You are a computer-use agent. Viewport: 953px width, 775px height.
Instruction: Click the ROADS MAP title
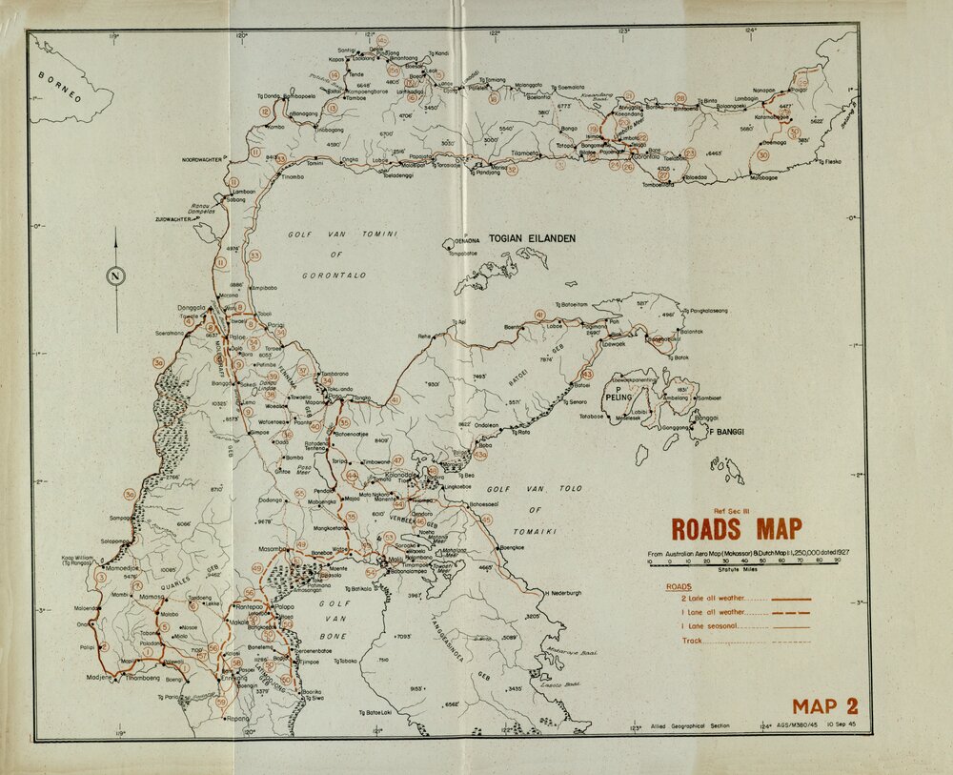coord(736,529)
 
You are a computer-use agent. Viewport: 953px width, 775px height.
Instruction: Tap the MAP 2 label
coord(824,706)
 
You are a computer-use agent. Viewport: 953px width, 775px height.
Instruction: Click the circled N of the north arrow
coord(116,277)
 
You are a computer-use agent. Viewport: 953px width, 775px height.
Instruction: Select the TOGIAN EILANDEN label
coord(532,238)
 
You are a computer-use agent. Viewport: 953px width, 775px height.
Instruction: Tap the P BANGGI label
coord(723,432)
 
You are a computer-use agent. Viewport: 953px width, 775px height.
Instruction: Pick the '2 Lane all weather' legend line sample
coord(791,599)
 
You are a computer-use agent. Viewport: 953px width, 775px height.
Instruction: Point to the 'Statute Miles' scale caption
coord(731,569)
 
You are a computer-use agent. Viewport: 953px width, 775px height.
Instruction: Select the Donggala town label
coord(193,308)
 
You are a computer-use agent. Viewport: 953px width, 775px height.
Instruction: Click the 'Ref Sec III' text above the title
coord(735,511)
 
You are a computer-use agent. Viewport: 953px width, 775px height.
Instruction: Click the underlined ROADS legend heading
coord(679,586)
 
